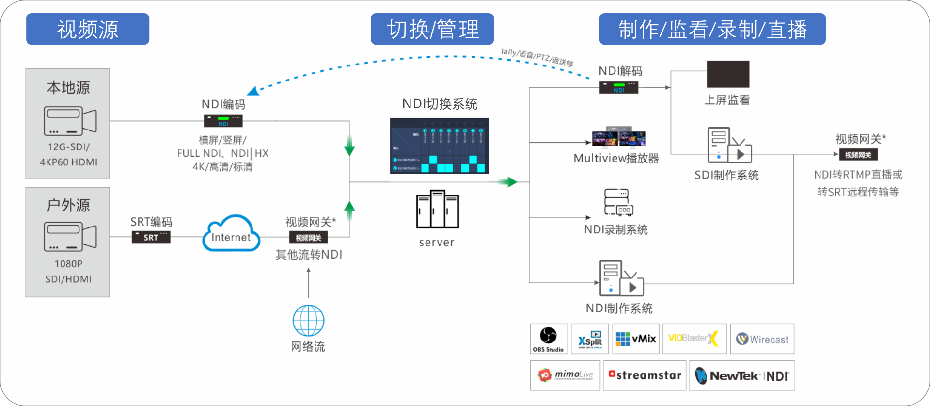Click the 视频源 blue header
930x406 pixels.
(x=87, y=29)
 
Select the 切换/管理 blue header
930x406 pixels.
(x=432, y=29)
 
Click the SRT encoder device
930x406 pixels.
(x=151, y=237)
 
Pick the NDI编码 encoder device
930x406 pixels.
(x=223, y=121)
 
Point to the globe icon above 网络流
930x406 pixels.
(x=308, y=321)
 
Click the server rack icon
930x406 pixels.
(x=437, y=210)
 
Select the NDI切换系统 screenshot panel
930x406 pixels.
(x=439, y=146)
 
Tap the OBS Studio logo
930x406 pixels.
(x=549, y=338)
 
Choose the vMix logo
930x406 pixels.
(x=635, y=339)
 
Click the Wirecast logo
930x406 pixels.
(x=762, y=339)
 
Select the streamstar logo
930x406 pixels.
(x=645, y=375)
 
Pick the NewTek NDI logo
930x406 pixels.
(x=741, y=376)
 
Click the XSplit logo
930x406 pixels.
(x=590, y=339)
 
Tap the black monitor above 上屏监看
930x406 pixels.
(x=728, y=74)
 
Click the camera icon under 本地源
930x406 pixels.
(x=70, y=121)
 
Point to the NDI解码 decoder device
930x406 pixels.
(x=619, y=87)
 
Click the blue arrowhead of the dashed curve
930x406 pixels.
(x=252, y=91)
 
